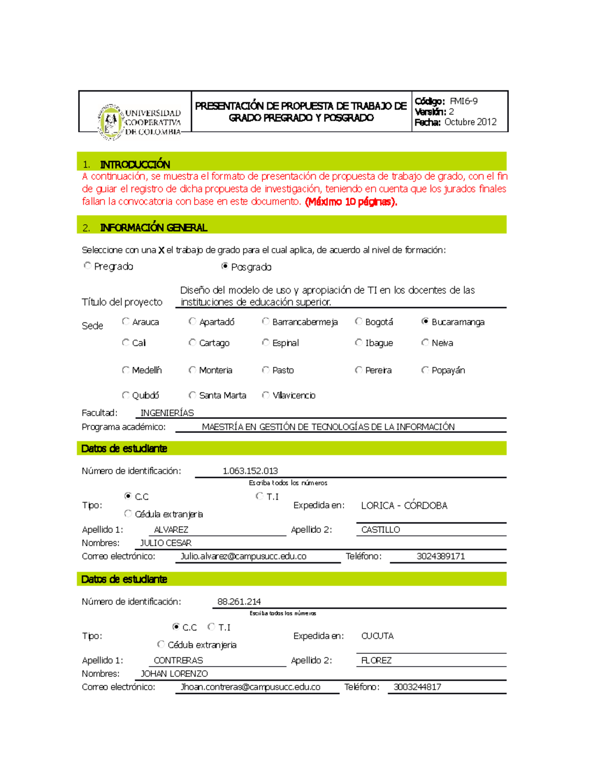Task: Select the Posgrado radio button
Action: (x=225, y=266)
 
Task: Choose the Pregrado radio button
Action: (x=88, y=266)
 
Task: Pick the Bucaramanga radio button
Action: (x=425, y=321)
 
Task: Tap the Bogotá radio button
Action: (x=358, y=321)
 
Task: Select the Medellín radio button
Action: (x=126, y=370)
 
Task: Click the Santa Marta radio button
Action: (x=193, y=395)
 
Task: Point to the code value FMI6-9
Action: (x=463, y=101)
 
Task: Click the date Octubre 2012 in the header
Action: (x=470, y=122)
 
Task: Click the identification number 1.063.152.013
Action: (x=250, y=471)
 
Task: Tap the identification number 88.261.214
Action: (x=239, y=602)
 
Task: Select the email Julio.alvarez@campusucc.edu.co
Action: (x=243, y=556)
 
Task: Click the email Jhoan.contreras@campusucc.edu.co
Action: (x=250, y=687)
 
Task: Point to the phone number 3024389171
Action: (x=441, y=556)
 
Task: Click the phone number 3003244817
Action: (x=417, y=687)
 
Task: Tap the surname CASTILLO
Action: (x=380, y=530)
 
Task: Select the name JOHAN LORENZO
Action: (x=174, y=673)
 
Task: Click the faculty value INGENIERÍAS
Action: (x=167, y=413)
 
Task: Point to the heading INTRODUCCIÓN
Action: (x=135, y=164)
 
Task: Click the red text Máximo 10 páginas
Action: (x=351, y=202)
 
